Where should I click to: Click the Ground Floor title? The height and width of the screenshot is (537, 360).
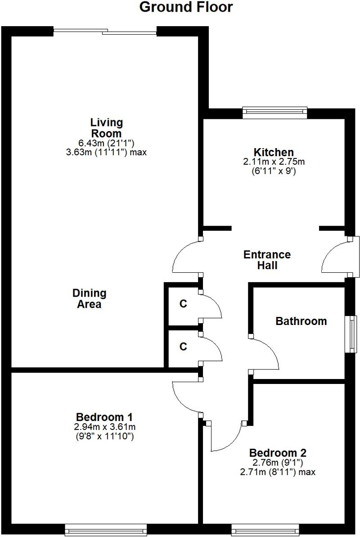186,8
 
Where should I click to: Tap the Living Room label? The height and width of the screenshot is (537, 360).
106,128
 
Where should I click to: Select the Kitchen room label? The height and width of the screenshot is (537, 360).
274,153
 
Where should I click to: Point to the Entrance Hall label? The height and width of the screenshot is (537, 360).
267,260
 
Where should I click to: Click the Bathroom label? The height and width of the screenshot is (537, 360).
301,321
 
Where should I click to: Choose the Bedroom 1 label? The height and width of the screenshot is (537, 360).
104,416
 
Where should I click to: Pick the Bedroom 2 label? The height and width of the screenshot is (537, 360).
278,452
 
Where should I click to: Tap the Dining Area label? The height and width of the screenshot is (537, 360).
89,298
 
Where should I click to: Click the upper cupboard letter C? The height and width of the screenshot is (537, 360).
183,304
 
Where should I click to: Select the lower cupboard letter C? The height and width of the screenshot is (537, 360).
183,347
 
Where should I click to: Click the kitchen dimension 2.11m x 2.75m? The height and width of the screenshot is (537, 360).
274,162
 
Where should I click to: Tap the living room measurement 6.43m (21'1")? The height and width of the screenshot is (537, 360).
106,143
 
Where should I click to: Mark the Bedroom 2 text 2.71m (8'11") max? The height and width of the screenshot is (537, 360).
278,472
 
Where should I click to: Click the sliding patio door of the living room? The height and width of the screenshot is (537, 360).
105,32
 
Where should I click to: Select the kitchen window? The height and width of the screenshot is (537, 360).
274,113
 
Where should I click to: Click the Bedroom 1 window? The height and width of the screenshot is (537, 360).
106,529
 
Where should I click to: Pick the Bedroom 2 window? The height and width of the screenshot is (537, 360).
265,529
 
